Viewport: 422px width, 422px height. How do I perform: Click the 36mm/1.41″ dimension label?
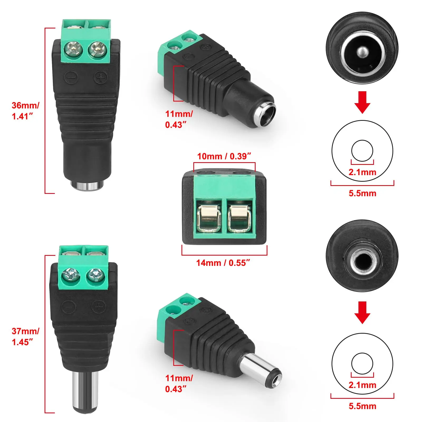25,111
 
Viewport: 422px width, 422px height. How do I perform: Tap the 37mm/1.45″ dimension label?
25,336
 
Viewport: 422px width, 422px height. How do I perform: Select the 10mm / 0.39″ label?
224,156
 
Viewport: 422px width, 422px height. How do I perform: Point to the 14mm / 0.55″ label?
223,263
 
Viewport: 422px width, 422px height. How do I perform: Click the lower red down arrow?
362,313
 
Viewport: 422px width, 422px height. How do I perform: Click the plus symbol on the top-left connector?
101,78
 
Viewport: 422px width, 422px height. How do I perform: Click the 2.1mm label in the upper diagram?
362,172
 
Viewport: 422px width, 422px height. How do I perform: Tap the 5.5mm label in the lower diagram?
362,406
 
